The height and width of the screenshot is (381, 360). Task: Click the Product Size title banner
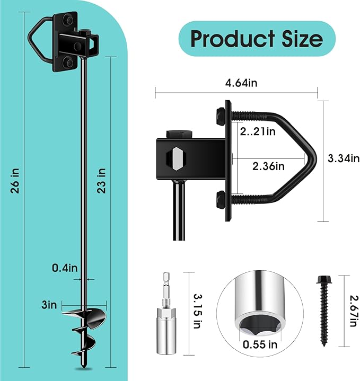(257, 39)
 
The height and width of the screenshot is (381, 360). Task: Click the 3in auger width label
(50, 305)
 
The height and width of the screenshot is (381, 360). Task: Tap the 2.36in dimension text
(268, 166)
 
